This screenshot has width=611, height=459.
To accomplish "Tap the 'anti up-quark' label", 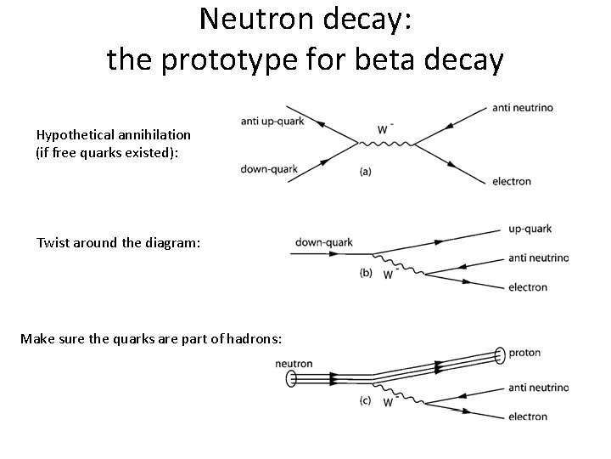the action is click(x=272, y=122).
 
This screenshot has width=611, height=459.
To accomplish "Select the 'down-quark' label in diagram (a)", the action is click(x=269, y=169).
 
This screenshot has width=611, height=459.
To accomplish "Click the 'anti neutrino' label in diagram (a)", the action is click(x=523, y=108).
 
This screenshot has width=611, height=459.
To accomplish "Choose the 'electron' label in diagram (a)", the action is click(x=511, y=181).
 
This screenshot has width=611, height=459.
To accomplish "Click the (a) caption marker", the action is click(x=365, y=171).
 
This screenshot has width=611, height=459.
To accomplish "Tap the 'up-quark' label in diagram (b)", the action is click(x=530, y=229).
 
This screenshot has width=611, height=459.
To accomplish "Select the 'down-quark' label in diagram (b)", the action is click(x=323, y=243).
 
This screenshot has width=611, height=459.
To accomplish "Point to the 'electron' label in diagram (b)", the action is click(x=528, y=287).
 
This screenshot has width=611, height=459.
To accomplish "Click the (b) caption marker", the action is click(x=366, y=273).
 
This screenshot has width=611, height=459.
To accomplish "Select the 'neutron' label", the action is click(x=294, y=364).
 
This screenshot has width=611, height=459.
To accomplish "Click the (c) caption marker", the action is click(x=366, y=401).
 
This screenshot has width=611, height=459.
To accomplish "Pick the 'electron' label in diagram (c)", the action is click(x=528, y=416).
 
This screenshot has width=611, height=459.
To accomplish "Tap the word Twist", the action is click(x=53, y=243).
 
